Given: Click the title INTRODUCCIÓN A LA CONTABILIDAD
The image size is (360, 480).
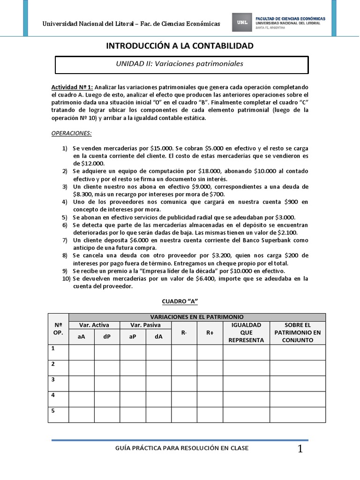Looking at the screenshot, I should pos(180,45).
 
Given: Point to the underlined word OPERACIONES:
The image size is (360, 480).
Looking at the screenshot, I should pos(71,133).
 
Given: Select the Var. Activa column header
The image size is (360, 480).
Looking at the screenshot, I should pos(94,325).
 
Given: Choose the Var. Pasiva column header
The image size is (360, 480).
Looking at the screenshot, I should pos(145,325).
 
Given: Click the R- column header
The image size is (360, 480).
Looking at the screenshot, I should pos(184,333).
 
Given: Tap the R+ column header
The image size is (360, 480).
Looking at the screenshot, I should pos(210,333).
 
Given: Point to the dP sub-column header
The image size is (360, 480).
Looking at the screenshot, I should pos(107,337).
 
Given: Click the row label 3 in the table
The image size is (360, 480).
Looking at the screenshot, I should pos(53,379).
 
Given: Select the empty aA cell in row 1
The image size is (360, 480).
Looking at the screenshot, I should pos(82,352).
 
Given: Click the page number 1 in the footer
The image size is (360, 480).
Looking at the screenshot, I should pos(300,449).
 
